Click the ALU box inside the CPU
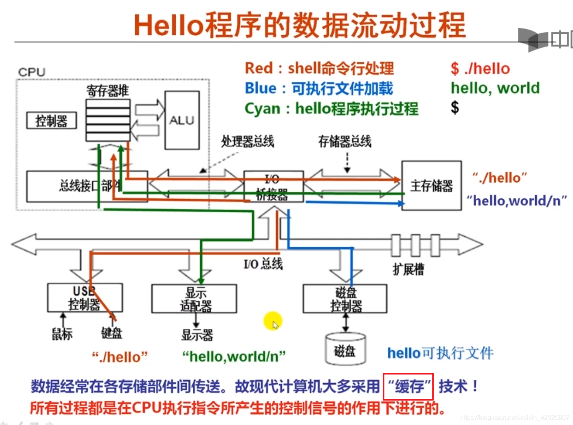[x=182, y=120]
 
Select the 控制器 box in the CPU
[x=51, y=120]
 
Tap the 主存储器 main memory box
[x=431, y=186]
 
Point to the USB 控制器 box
[x=85, y=298]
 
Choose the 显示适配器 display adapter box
[x=194, y=299]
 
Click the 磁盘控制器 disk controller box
[x=345, y=299]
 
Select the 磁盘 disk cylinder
[x=345, y=350]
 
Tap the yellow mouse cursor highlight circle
[x=273, y=321]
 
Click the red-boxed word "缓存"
[x=408, y=387]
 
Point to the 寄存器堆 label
[x=108, y=91]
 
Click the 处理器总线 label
[x=247, y=141]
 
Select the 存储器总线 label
[x=345, y=141]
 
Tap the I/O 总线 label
[x=263, y=264]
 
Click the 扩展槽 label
[x=408, y=269]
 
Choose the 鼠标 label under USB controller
[x=62, y=333]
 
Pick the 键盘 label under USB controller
[x=112, y=333]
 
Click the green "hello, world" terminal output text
[x=495, y=88]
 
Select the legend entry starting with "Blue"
[x=319, y=88]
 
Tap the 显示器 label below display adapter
[x=197, y=335]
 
